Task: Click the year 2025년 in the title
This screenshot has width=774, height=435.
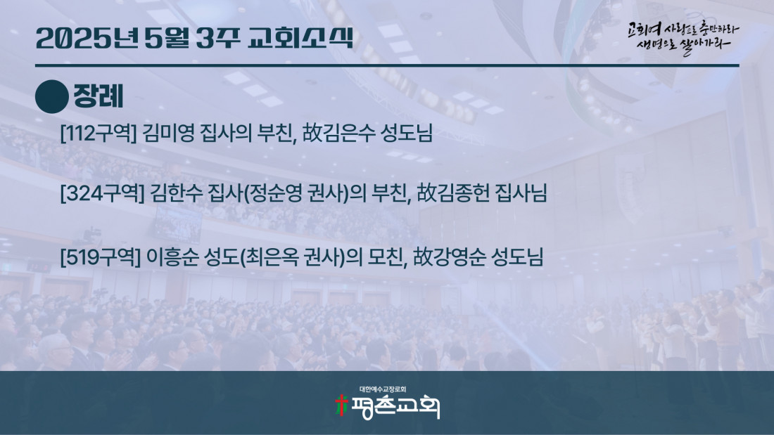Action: click(x=87, y=38)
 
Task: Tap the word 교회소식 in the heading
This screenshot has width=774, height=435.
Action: click(x=300, y=38)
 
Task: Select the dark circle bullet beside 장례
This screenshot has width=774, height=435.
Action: click(x=51, y=97)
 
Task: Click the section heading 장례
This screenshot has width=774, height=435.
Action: click(x=99, y=96)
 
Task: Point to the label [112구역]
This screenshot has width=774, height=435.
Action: click(x=98, y=133)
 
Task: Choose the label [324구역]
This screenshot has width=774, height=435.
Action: click(x=102, y=193)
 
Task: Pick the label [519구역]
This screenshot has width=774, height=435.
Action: click(x=100, y=257)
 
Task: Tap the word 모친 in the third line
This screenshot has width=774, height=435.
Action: click(x=386, y=257)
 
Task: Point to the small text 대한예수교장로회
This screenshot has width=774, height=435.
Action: click(x=383, y=389)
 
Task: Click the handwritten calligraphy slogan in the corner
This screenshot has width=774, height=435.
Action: click(x=683, y=38)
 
